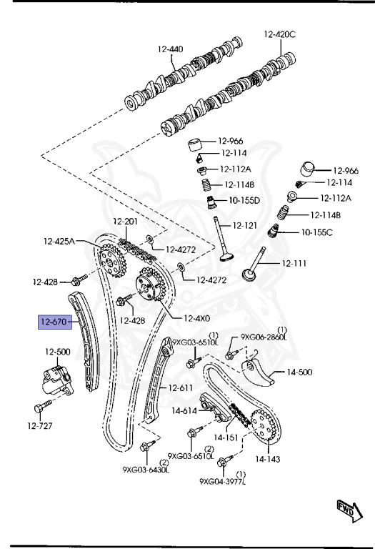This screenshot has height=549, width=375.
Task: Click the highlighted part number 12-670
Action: coord(54,322)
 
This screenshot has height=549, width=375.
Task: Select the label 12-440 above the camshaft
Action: coord(170,49)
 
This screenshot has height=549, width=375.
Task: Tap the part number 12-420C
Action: coord(279,34)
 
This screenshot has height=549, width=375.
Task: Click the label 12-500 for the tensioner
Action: coord(58,351)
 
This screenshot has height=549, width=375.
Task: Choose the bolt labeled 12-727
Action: coord(40,408)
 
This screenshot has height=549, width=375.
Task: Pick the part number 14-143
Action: coord(269,459)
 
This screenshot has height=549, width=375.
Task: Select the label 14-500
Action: coord(301,372)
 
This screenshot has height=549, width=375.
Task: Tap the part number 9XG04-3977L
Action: coord(222,481)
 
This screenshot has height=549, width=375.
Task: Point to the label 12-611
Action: coord(181,388)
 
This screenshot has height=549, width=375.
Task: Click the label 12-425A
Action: coord(59,241)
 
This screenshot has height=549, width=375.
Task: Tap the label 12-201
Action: coord(125,222)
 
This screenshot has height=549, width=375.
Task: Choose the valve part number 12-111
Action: coord(294,263)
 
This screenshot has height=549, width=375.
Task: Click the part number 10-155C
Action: coord(316,232)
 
